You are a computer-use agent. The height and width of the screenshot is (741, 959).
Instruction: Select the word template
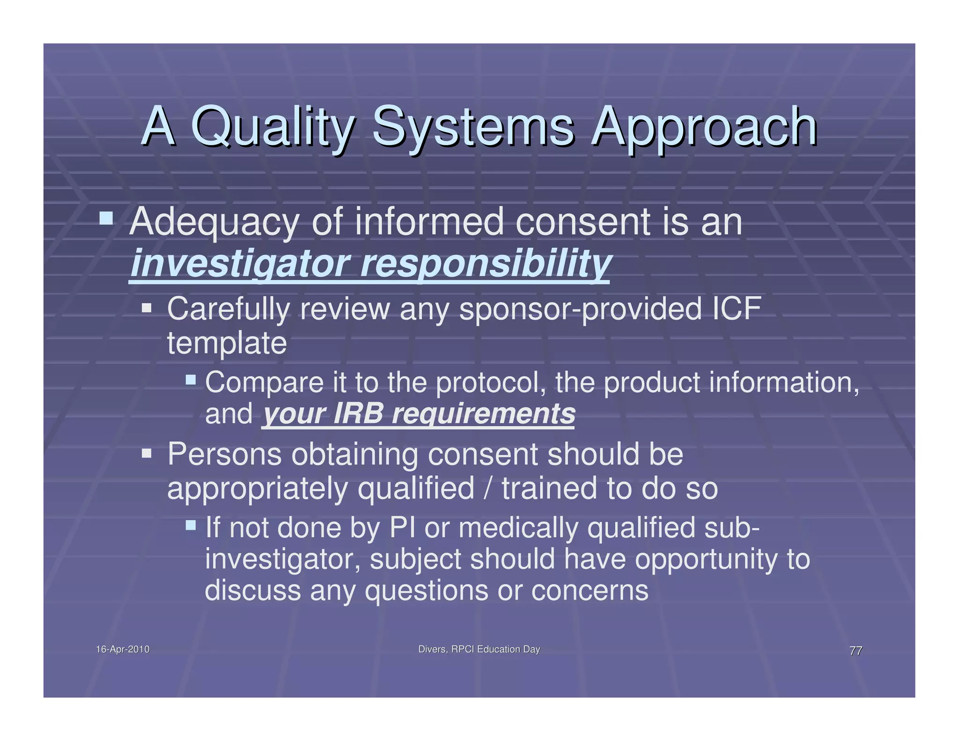(227, 343)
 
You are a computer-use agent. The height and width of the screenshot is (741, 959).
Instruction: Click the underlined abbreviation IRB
(358, 414)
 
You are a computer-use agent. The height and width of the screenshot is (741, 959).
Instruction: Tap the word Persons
(224, 454)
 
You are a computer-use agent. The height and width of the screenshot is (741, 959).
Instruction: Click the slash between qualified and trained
(488, 488)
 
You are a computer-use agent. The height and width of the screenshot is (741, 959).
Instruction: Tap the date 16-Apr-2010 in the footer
(123, 649)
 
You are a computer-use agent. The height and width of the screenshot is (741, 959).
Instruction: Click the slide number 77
(856, 651)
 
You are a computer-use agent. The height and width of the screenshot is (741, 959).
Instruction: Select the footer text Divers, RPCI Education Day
(479, 649)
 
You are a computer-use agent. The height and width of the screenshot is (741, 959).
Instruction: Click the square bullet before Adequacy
(106, 218)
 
